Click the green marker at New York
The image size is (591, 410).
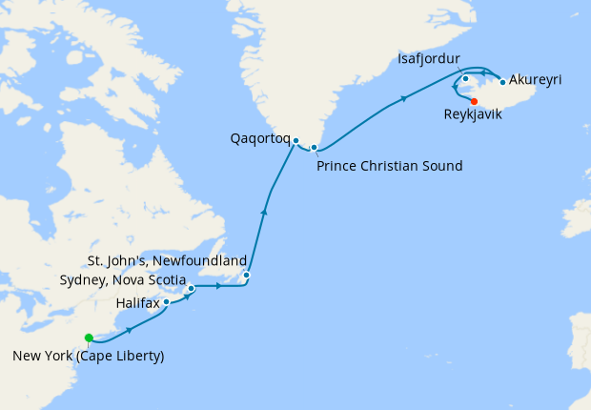tap(89, 338)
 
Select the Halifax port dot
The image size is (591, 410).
tap(167, 302)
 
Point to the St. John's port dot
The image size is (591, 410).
tap(247, 276)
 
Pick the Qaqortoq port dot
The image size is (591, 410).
tap(296, 141)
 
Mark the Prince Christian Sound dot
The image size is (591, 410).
tap(314, 147)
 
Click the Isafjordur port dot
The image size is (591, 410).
tap(465, 78)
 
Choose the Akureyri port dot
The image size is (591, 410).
tap(502, 82)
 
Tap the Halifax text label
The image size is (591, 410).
tap(137, 302)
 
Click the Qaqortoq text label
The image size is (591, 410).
tap(259, 138)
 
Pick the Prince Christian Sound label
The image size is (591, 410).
tap(389, 167)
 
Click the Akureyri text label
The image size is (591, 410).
tap(535, 79)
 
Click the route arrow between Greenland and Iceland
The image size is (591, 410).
tap(406, 97)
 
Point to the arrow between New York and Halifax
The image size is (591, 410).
tap(129, 329)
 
